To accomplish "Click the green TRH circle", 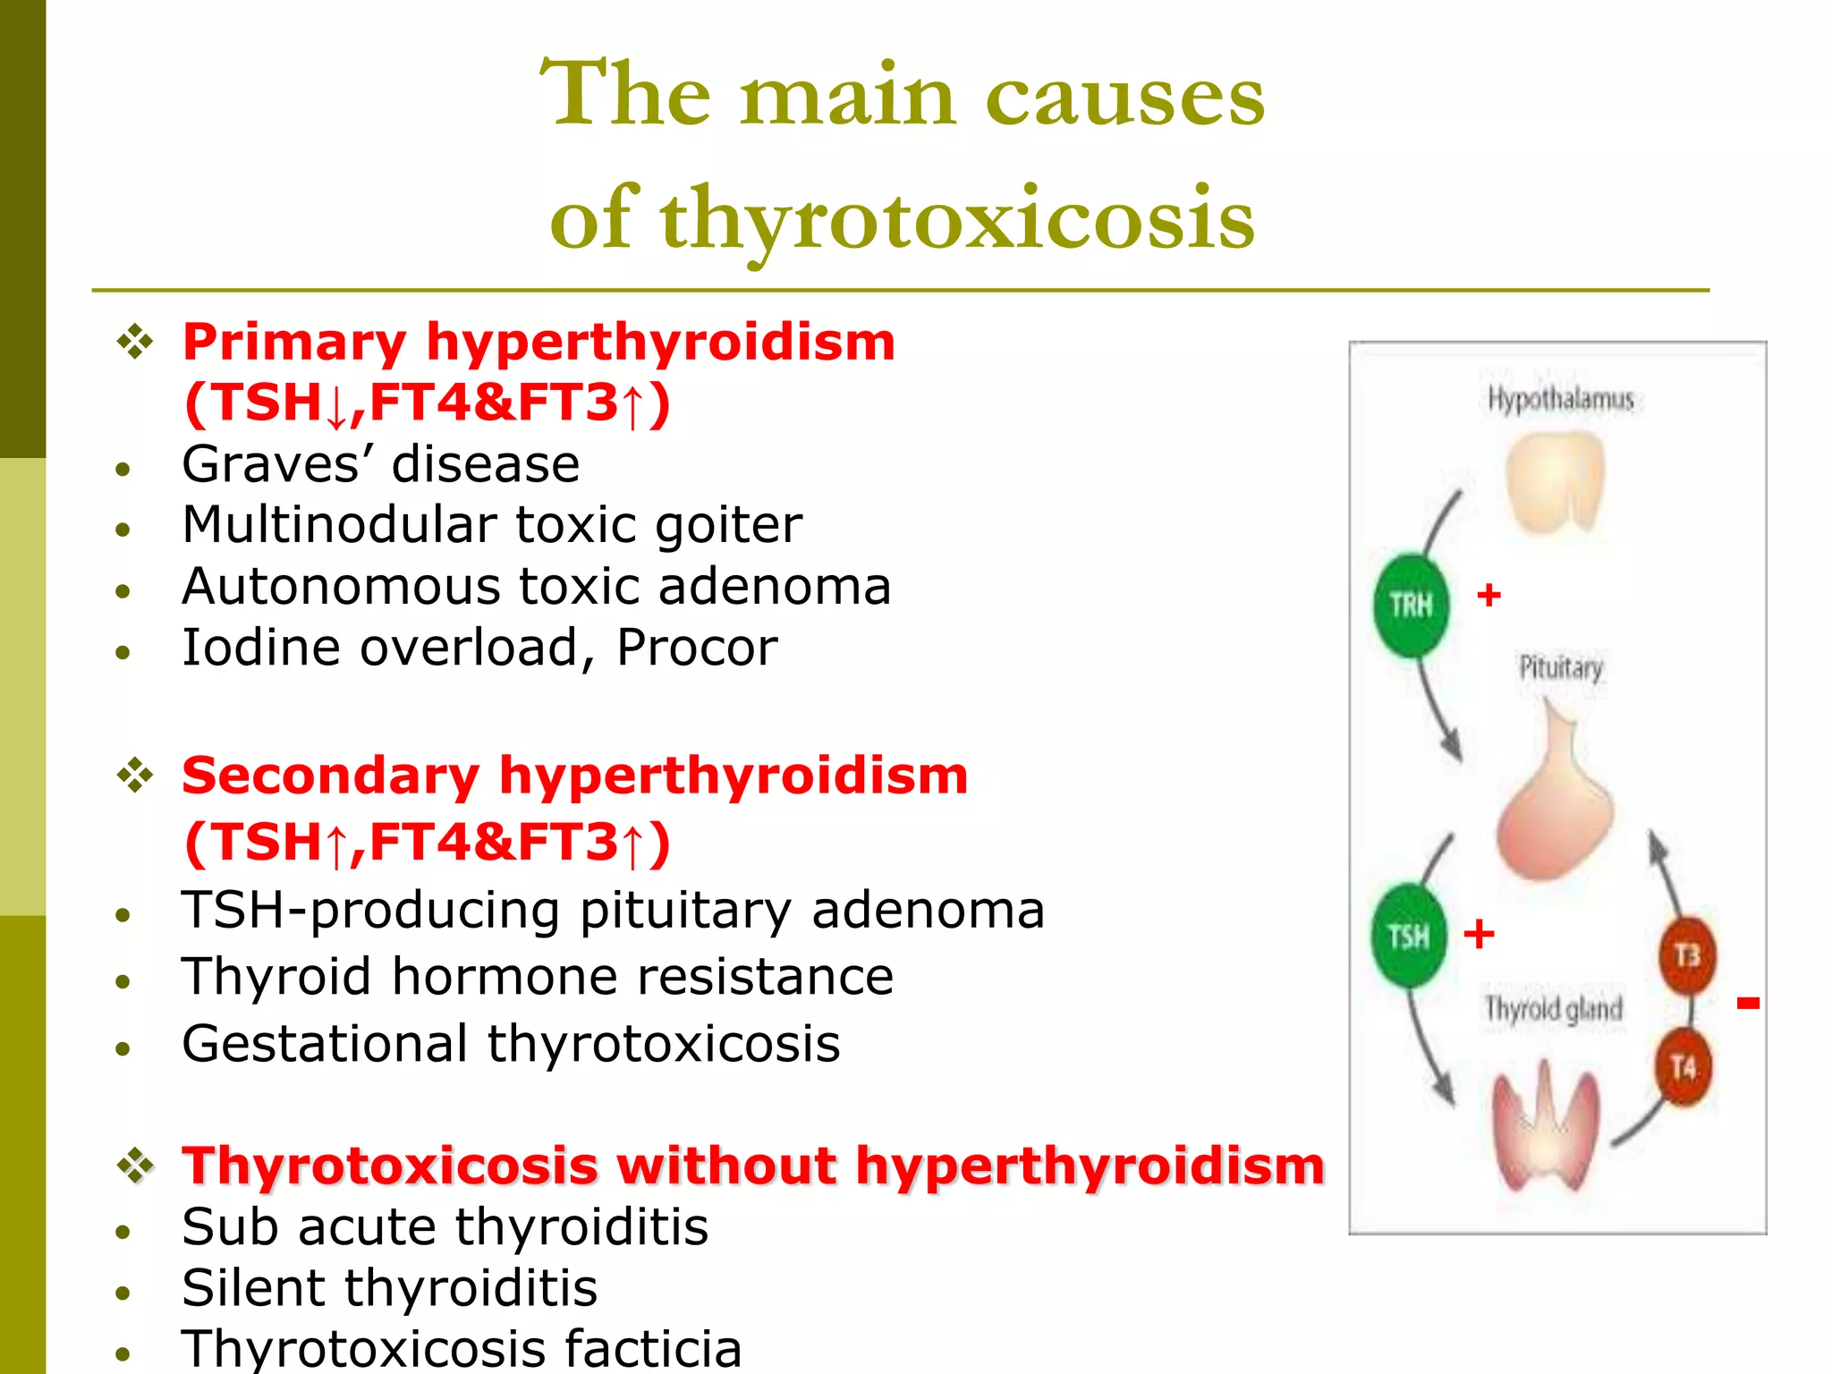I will coord(1411,606).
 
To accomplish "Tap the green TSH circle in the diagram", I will coord(1409,936).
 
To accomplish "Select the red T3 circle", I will coord(1687,955).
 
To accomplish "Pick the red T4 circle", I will coord(1684,1066).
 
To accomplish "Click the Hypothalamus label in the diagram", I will coord(1560,399).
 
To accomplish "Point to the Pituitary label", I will coord(1561,667).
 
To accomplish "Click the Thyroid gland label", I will coord(1553,1009).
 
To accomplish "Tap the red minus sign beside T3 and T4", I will coord(1748,1004).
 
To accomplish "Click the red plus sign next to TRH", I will coord(1488,595).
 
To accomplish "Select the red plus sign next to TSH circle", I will coord(1479,934).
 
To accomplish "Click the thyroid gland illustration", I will coord(1544,1127).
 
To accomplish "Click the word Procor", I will coord(697,647).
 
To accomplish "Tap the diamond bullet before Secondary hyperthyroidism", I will coord(135,775).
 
